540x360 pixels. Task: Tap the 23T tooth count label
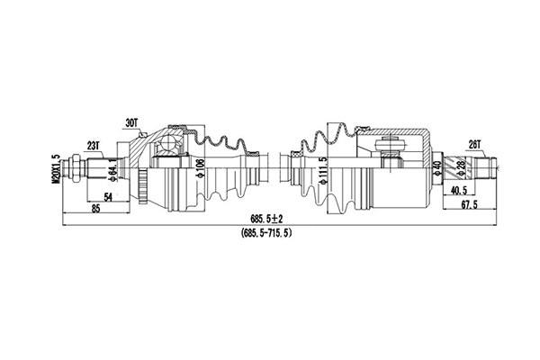(94, 143)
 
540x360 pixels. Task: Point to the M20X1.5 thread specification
(57, 168)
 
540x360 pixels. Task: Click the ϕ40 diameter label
(436, 167)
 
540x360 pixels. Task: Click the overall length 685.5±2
(265, 219)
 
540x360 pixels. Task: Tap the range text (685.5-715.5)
(265, 232)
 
